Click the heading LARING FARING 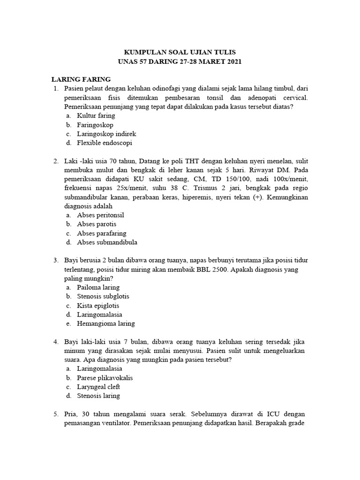coord(81,79)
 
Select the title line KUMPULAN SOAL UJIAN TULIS coord(180,52)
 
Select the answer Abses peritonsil coord(100,215)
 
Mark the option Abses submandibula coord(107,242)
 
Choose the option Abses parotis coord(97,224)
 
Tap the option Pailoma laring coord(98,287)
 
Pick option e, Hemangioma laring coord(106,323)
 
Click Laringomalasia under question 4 coord(99,369)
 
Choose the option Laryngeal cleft coord(98,387)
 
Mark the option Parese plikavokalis coord(105,378)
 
